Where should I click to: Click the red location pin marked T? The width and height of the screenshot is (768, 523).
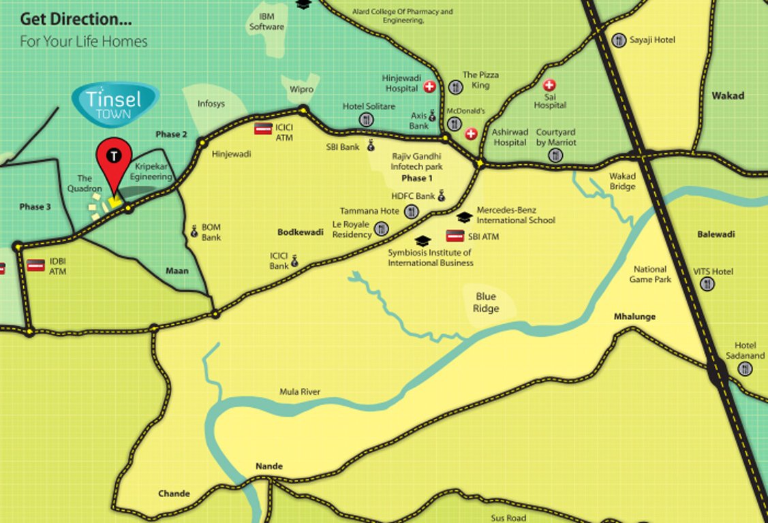(114, 159)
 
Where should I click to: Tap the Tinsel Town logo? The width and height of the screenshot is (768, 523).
(114, 104)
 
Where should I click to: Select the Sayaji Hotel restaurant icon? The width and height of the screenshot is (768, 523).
(619, 40)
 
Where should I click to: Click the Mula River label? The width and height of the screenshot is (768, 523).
(299, 392)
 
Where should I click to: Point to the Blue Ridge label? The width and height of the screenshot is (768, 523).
(486, 302)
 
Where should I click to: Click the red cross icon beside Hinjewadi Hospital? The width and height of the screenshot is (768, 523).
(429, 86)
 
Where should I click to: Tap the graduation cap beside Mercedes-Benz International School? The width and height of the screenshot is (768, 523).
(464, 217)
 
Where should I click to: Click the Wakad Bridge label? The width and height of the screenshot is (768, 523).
(622, 182)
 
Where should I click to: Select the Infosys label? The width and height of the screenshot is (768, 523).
(211, 104)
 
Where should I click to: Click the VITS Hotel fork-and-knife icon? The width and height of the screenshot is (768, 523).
(707, 284)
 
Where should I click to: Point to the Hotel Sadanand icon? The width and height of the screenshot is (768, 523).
(745, 368)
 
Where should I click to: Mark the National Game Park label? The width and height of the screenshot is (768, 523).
(650, 274)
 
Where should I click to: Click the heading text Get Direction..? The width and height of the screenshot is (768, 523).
(76, 18)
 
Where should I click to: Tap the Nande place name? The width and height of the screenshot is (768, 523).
(268, 466)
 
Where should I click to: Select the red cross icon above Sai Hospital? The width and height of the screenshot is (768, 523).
(549, 86)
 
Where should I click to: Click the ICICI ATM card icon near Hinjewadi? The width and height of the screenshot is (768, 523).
(263, 128)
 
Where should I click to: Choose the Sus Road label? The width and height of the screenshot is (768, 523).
(508, 518)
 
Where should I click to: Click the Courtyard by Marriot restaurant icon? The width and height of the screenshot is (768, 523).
(555, 155)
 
